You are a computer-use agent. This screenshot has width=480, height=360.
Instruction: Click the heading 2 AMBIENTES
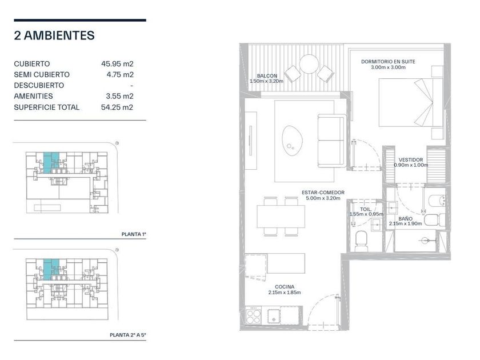tap(54, 35)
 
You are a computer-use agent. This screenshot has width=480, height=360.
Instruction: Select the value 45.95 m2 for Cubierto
tap(117, 63)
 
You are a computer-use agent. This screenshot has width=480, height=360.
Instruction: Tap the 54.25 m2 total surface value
tap(117, 107)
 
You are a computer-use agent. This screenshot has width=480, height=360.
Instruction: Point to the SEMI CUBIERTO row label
tap(42, 74)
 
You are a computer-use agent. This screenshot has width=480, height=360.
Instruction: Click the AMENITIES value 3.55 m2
tap(119, 96)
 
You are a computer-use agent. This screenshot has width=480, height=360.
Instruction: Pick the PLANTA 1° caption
tap(134, 234)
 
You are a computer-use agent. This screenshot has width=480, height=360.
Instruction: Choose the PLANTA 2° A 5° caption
tap(128, 335)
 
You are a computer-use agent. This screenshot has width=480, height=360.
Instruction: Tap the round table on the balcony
tap(309, 64)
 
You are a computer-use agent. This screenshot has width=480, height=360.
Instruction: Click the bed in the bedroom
tap(411, 102)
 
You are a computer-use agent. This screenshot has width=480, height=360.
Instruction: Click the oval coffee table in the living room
tap(292, 141)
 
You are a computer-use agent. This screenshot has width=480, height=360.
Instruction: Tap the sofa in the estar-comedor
tap(332, 141)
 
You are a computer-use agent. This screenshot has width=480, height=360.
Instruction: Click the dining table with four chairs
tap(281, 217)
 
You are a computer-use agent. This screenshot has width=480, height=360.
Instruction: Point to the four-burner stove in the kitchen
tap(254, 316)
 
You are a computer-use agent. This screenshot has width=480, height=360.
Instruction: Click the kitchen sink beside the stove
tap(273, 316)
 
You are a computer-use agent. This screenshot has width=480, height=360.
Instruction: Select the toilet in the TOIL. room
tap(361, 241)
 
